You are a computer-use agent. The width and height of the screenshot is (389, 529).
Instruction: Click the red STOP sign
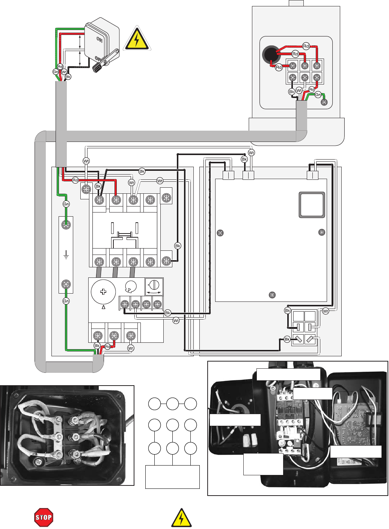(x=44, y=518)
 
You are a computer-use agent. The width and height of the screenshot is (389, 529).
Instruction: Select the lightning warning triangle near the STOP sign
(x=181, y=518)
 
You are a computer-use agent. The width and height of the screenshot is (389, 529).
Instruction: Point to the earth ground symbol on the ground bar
(x=66, y=256)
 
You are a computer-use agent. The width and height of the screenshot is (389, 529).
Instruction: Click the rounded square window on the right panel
(x=312, y=205)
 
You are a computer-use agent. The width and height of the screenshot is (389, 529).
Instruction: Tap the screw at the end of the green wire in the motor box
(x=324, y=102)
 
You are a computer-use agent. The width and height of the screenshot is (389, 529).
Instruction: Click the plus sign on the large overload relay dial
(x=103, y=292)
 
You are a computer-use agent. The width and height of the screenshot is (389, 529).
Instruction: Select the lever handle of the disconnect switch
(x=106, y=61)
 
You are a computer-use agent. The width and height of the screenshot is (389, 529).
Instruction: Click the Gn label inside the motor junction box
(x=318, y=95)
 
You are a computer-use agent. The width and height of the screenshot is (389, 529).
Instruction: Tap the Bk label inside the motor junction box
(x=292, y=92)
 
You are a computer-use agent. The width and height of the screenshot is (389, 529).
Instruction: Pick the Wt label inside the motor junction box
(x=299, y=90)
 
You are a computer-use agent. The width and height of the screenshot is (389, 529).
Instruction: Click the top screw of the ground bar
(x=66, y=225)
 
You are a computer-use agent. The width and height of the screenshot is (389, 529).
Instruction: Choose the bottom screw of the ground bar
(x=66, y=284)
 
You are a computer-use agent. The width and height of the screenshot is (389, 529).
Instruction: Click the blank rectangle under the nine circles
(x=172, y=477)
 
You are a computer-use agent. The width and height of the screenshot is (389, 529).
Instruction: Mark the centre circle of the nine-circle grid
(x=172, y=425)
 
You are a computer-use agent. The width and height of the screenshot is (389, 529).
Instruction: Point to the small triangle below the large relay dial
(x=103, y=307)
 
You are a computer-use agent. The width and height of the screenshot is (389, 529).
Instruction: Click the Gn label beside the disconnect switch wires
(x=56, y=72)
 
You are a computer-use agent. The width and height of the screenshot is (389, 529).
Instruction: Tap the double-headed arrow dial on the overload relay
(x=154, y=287)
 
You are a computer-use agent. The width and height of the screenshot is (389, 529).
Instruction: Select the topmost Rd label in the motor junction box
(x=306, y=46)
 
